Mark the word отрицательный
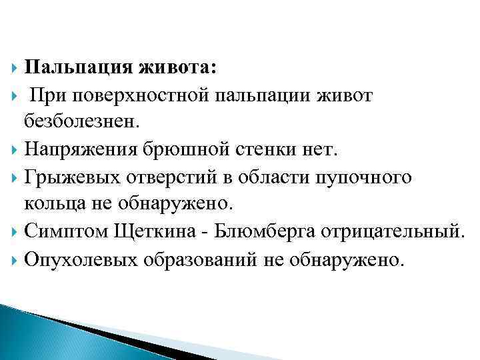pos(391,232)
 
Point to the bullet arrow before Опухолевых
pos(15,260)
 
